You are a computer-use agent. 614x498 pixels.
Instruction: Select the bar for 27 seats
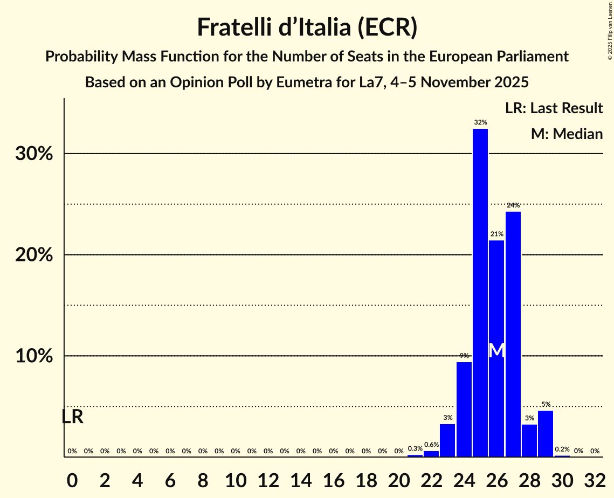pyautogui.click(x=513, y=334)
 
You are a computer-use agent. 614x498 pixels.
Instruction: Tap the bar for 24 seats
pyautogui.click(x=464, y=410)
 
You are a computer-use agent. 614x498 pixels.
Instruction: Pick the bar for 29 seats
pyautogui.click(x=546, y=434)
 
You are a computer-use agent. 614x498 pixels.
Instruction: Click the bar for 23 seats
pyautogui.click(x=447, y=440)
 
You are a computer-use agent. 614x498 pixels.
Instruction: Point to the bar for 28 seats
pyautogui.click(x=529, y=440)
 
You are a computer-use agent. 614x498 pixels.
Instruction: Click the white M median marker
pyautogui.click(x=497, y=350)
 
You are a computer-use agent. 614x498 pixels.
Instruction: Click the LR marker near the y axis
pyautogui.click(x=72, y=417)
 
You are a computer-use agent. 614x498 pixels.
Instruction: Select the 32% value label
pyautogui.click(x=480, y=122)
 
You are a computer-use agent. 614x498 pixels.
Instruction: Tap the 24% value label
pyautogui.click(x=513, y=205)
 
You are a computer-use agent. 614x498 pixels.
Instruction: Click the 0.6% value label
pyautogui.click(x=431, y=445)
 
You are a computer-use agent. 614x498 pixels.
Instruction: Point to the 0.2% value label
pyautogui.click(x=562, y=449)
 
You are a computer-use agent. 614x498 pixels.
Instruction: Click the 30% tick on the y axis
pyautogui.click(x=34, y=154)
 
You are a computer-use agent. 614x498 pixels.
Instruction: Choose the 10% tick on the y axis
pyautogui.click(x=34, y=357)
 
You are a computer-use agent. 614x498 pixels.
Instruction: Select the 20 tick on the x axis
pyautogui.click(x=398, y=478)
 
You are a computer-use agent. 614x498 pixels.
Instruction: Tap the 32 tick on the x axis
pyautogui.click(x=595, y=478)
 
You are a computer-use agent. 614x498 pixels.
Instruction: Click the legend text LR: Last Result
pyautogui.click(x=554, y=108)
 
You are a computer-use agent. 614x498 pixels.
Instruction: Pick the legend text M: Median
pyautogui.click(x=567, y=134)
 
